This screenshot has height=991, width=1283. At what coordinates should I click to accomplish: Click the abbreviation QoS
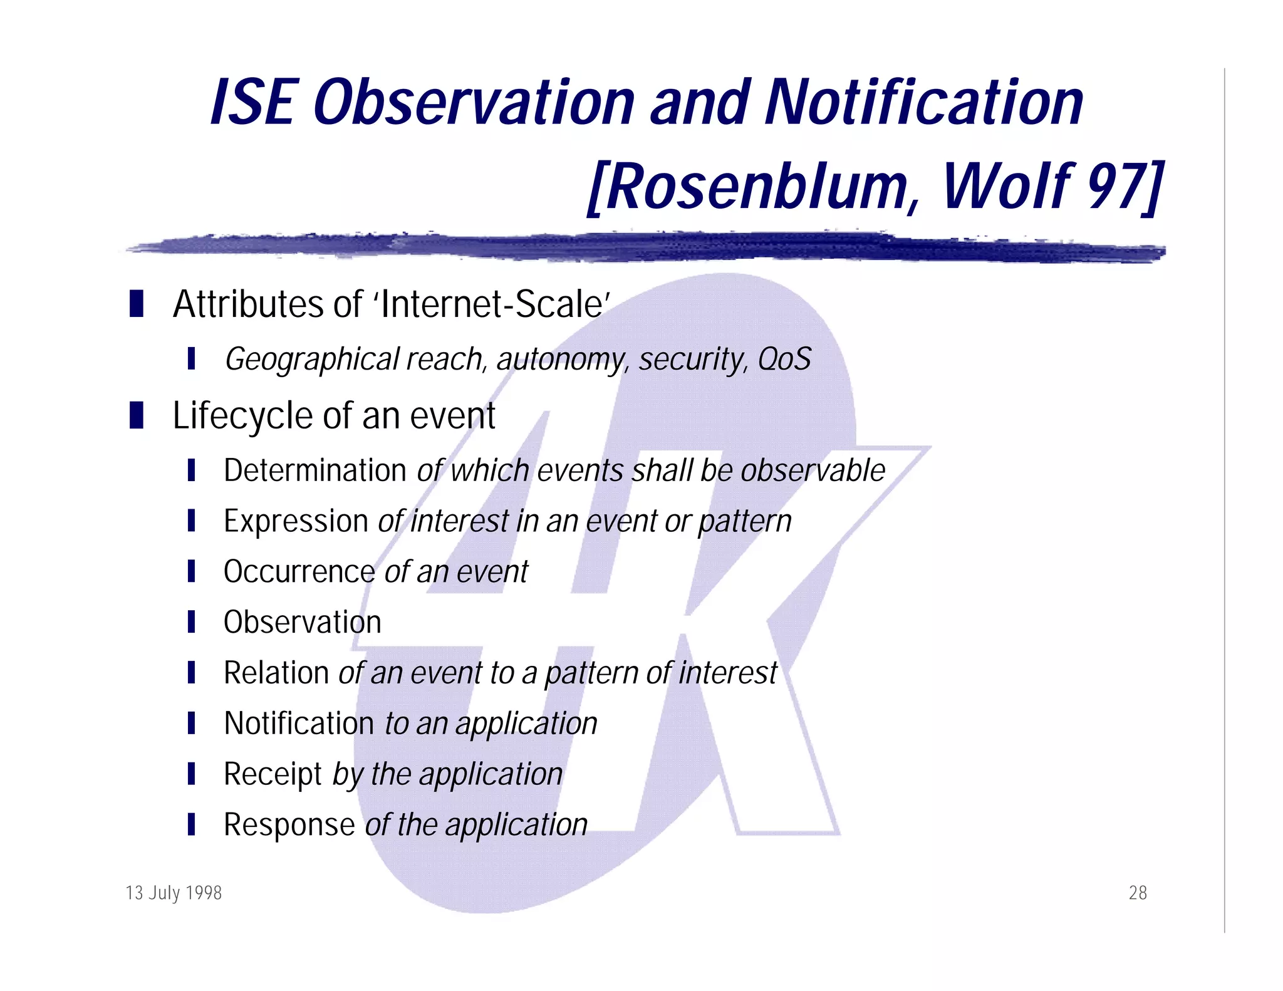tap(784, 360)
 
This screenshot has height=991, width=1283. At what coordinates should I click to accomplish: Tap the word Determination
tap(315, 470)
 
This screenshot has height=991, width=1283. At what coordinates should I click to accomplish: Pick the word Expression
tap(296, 521)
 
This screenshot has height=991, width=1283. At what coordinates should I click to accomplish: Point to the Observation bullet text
tap(303, 623)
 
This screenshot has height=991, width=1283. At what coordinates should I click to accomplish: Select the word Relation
tap(276, 673)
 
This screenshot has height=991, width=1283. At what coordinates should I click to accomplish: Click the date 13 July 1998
tap(174, 893)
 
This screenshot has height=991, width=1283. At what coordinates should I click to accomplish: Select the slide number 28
tap(1138, 893)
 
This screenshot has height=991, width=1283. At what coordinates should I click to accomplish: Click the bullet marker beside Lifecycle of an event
tap(137, 416)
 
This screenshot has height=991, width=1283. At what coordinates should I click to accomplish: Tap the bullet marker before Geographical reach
tap(191, 359)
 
